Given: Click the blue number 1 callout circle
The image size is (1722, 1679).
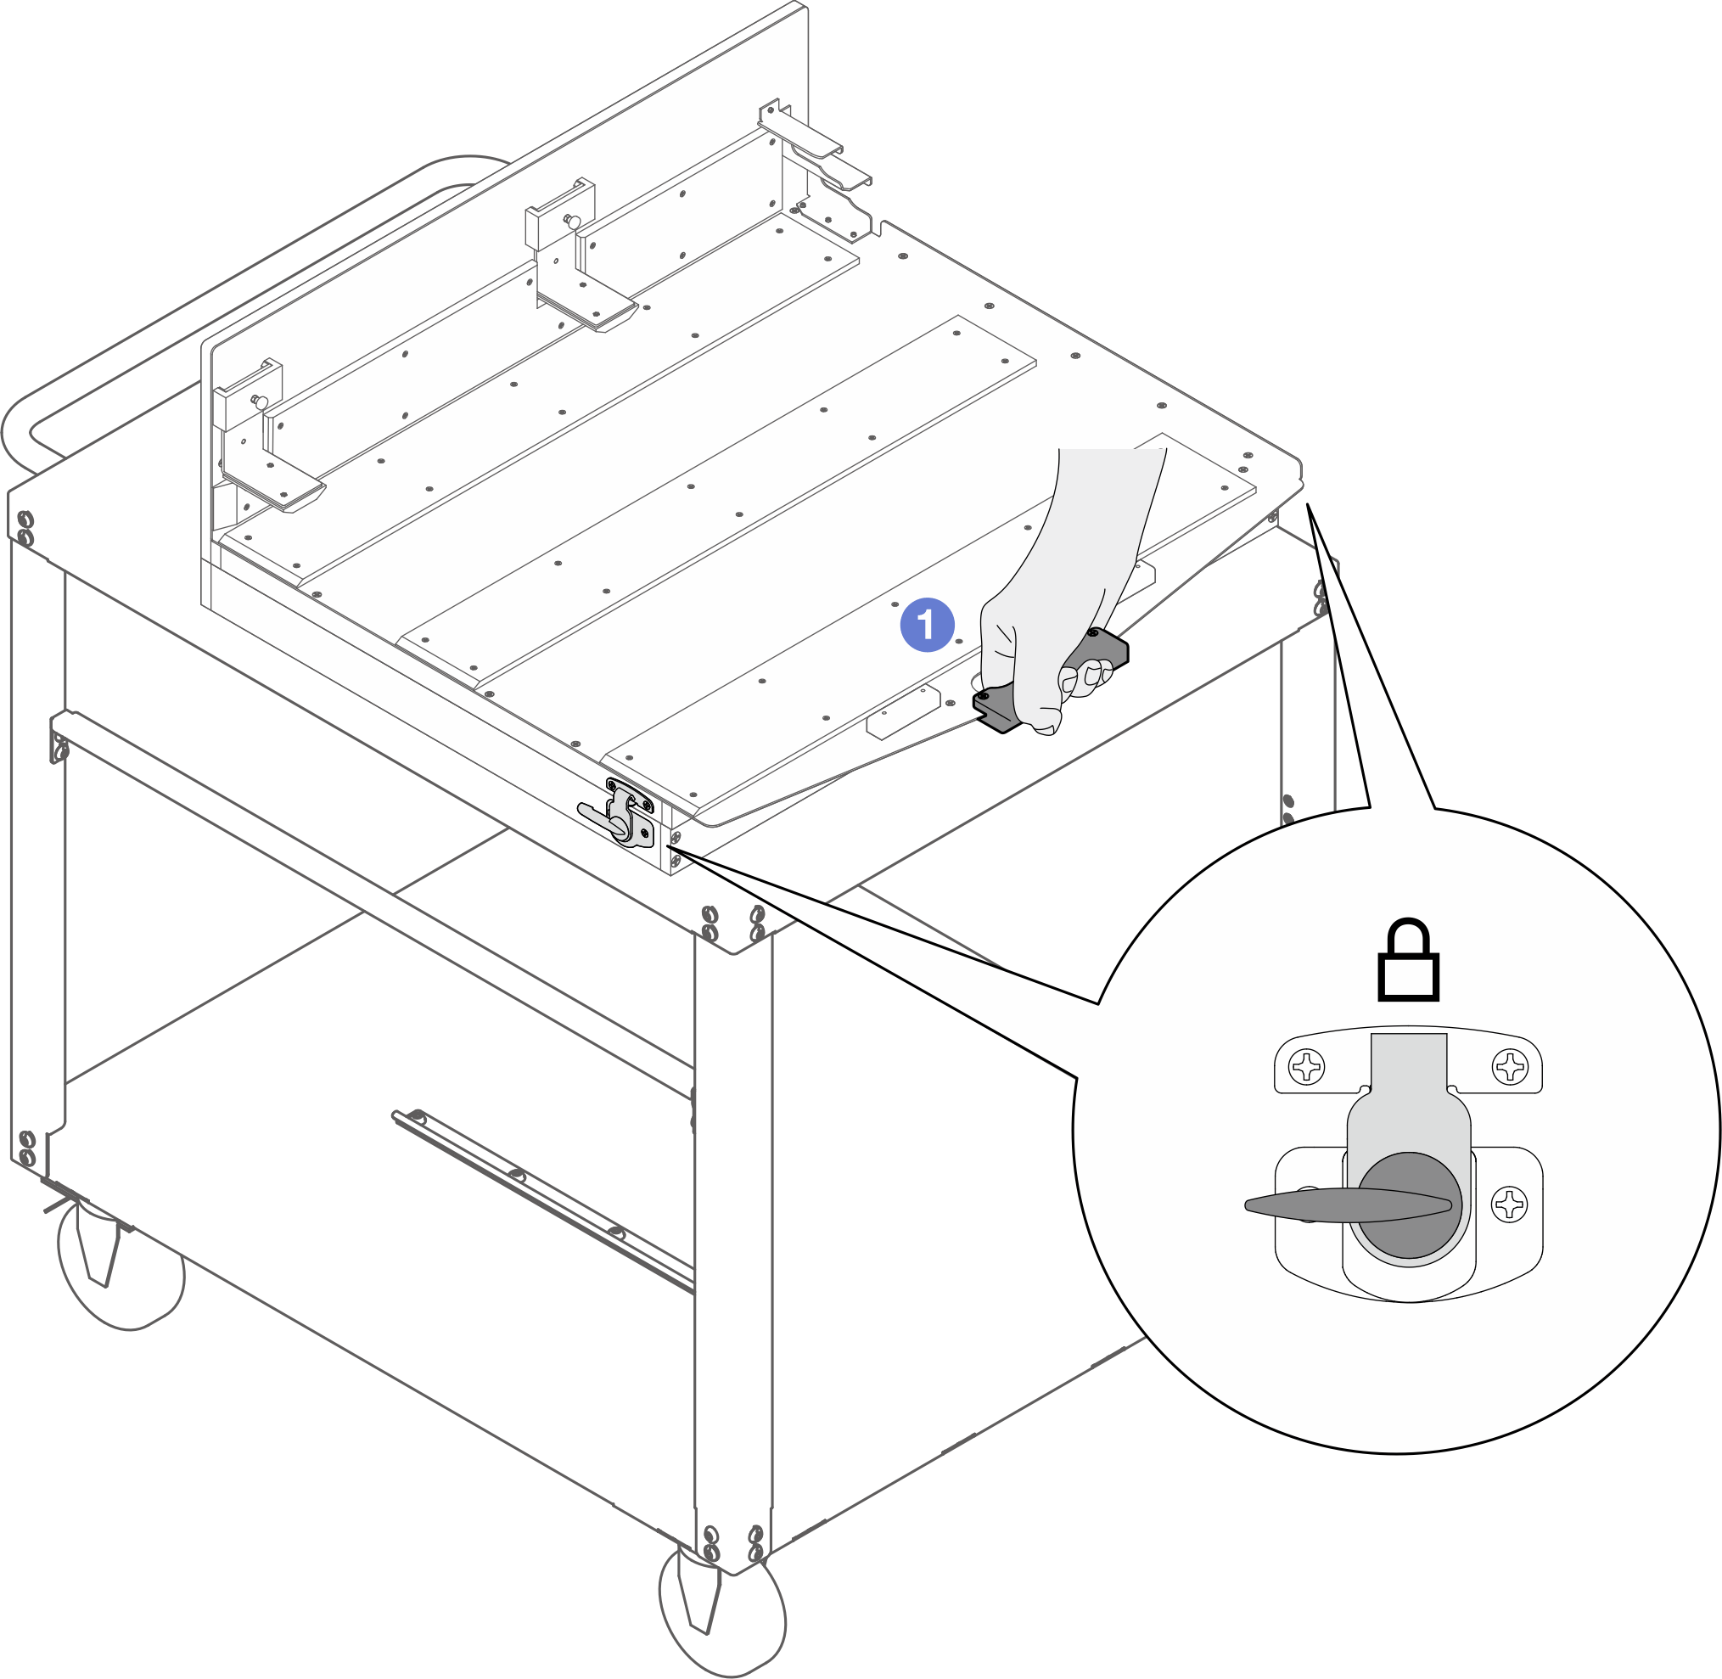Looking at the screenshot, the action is (927, 626).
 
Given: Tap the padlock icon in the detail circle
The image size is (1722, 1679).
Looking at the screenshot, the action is (1408, 960).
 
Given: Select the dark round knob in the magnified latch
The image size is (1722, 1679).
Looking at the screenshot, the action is (1409, 1204).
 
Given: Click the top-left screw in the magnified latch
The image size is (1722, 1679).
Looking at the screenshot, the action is (1306, 1067).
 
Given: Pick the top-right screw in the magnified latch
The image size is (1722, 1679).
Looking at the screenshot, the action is (1510, 1067).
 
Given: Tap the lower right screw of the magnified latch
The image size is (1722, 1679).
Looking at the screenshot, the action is (1510, 1204).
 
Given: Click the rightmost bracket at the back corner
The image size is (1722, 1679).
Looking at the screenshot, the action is (816, 167).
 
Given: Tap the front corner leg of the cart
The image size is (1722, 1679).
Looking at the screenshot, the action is (732, 1252).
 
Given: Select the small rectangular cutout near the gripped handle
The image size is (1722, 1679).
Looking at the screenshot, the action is (904, 712).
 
